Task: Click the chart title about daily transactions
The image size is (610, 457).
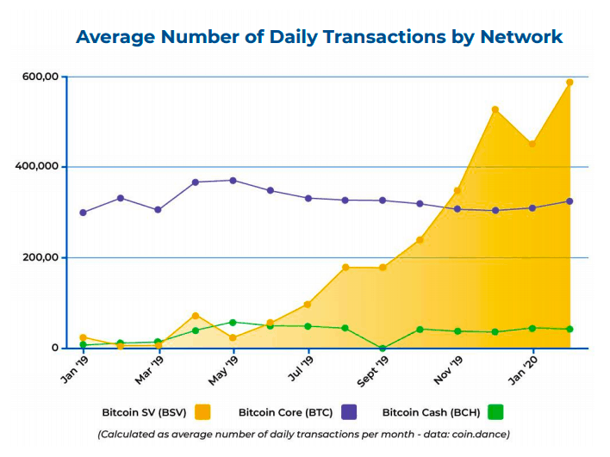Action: [x=319, y=36]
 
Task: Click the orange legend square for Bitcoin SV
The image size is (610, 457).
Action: [x=203, y=411]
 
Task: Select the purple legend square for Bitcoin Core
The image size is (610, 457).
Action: [x=351, y=411]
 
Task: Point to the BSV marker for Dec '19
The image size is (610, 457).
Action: [x=495, y=109]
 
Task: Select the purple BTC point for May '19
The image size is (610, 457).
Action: [x=233, y=181]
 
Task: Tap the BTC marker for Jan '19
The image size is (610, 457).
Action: [x=83, y=213]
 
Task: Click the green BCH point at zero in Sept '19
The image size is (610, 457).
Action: [x=382, y=349]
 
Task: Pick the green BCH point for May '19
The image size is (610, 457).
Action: [x=233, y=323]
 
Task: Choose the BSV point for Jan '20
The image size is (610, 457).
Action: [x=532, y=144]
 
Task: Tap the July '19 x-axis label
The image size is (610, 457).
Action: [x=297, y=368]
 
